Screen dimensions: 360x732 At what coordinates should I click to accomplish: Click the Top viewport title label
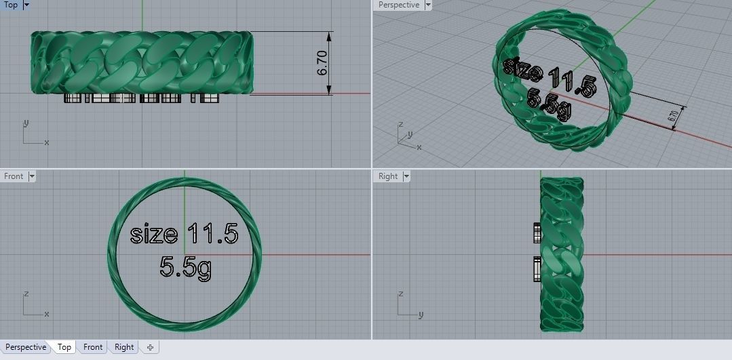[x=11, y=5]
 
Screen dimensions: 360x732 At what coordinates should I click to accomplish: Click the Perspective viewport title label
[x=398, y=5]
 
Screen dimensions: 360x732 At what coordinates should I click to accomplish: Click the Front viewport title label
[x=14, y=176]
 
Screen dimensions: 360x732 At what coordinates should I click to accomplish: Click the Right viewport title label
[x=388, y=176]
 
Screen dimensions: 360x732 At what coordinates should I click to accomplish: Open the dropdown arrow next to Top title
[x=26, y=5]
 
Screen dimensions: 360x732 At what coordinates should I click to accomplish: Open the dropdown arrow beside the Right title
[x=406, y=176]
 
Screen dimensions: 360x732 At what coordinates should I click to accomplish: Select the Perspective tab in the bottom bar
[x=26, y=347]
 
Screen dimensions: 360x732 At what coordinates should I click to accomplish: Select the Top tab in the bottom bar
[x=64, y=347]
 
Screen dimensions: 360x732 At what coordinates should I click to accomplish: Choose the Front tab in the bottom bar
[x=93, y=347]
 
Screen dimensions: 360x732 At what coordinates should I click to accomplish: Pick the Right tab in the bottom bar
[x=124, y=347]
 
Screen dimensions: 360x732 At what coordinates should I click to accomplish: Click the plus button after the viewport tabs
[x=150, y=347]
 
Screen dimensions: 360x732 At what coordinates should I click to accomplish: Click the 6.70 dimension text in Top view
[x=322, y=62]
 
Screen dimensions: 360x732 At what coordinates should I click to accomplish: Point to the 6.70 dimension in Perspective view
[x=673, y=116]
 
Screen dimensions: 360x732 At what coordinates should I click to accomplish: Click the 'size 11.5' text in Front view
[x=184, y=235]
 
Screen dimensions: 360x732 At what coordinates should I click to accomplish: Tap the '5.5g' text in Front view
[x=185, y=266]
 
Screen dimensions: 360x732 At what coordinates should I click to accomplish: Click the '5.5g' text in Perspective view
[x=548, y=106]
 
